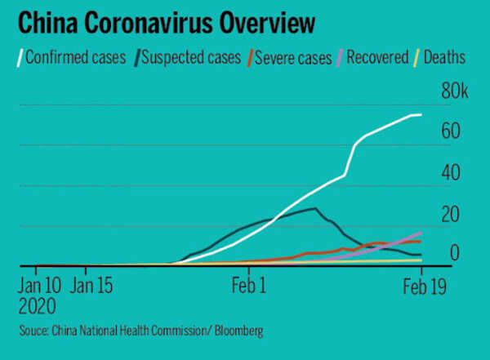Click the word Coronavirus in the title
click(x=139, y=23)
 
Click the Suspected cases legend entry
click(x=193, y=58)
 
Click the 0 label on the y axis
click(x=453, y=253)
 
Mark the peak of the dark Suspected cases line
click(x=315, y=209)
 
